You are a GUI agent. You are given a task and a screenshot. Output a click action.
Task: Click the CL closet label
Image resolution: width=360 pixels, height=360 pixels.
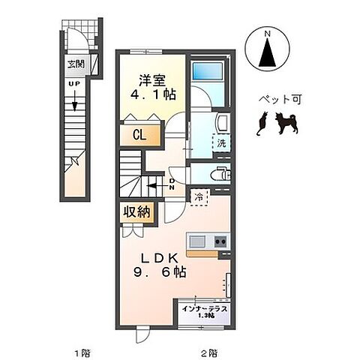pyautogui.click(x=138, y=136)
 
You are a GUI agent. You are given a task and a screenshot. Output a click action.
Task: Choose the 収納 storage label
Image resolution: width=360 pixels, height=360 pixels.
pyautogui.click(x=136, y=212)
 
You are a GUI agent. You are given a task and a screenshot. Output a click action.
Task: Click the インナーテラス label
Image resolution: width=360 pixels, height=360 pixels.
pyautogui.click(x=204, y=308)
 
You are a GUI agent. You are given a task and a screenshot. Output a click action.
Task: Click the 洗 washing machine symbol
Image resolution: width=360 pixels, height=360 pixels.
pyautogui.click(x=222, y=142)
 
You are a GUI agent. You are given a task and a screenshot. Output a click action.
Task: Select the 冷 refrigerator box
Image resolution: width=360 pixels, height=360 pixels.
pyautogui.click(x=199, y=196)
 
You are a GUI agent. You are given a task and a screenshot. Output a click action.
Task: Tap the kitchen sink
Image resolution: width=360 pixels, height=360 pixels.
pyautogui.click(x=198, y=241)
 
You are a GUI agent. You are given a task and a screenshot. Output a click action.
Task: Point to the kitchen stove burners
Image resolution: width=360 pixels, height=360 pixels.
pyautogui.click(x=221, y=241)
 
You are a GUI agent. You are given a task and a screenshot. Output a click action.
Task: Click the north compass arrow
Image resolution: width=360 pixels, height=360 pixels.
pyautogui.click(x=268, y=50)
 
